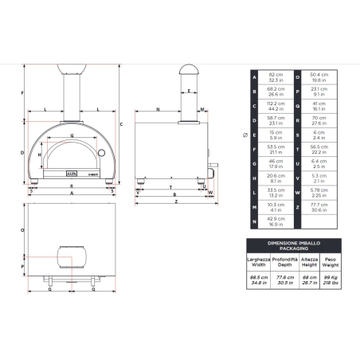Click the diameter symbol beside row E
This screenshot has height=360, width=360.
(x=244, y=135)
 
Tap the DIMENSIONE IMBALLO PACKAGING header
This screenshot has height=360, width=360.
(x=295, y=244)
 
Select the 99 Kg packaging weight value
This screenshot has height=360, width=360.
(x=335, y=278)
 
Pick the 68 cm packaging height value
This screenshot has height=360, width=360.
(x=311, y=278)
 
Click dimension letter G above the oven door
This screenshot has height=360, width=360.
(x=72, y=136)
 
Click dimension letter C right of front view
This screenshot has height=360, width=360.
(x=120, y=124)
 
